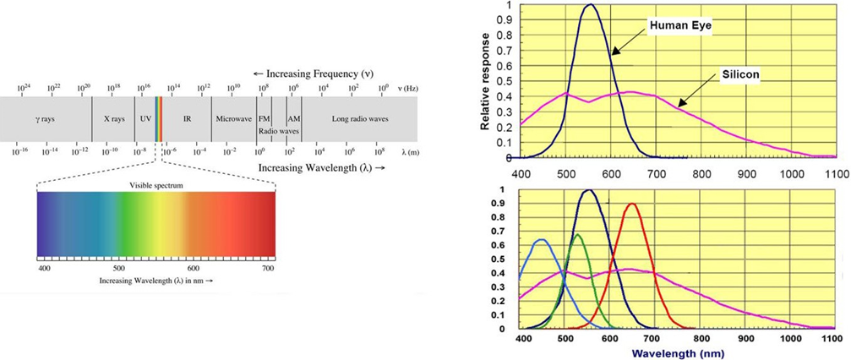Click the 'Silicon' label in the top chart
pos(743,75)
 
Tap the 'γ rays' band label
pos(46,119)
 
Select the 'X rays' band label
pos(113,119)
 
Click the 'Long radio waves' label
pos(358,119)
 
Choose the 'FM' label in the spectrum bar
pos(264,119)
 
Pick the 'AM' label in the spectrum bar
pos(293,119)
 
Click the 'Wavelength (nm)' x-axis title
pos(679,352)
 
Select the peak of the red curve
pos(631,204)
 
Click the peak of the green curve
pos(576,236)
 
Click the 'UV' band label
pos(145,119)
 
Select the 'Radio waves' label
pos(279,132)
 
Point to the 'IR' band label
pos(188,119)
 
